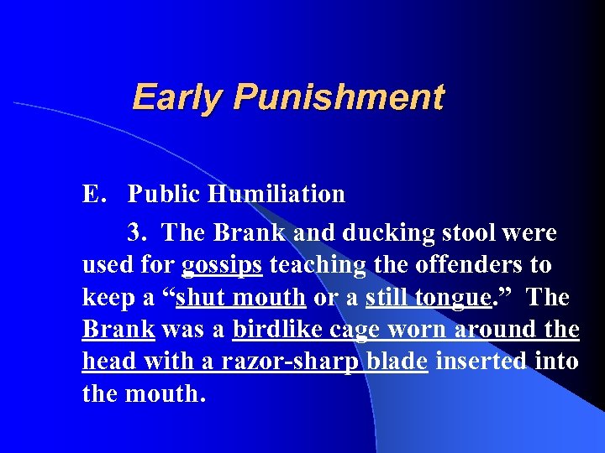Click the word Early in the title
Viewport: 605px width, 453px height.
(178, 97)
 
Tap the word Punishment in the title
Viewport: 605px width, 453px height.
(338, 97)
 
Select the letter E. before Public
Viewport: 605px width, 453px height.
(92, 195)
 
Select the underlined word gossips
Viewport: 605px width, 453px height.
(222, 265)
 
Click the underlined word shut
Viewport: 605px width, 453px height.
(201, 298)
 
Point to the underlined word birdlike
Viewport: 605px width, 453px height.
(273, 330)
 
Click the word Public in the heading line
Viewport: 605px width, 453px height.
(165, 195)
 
